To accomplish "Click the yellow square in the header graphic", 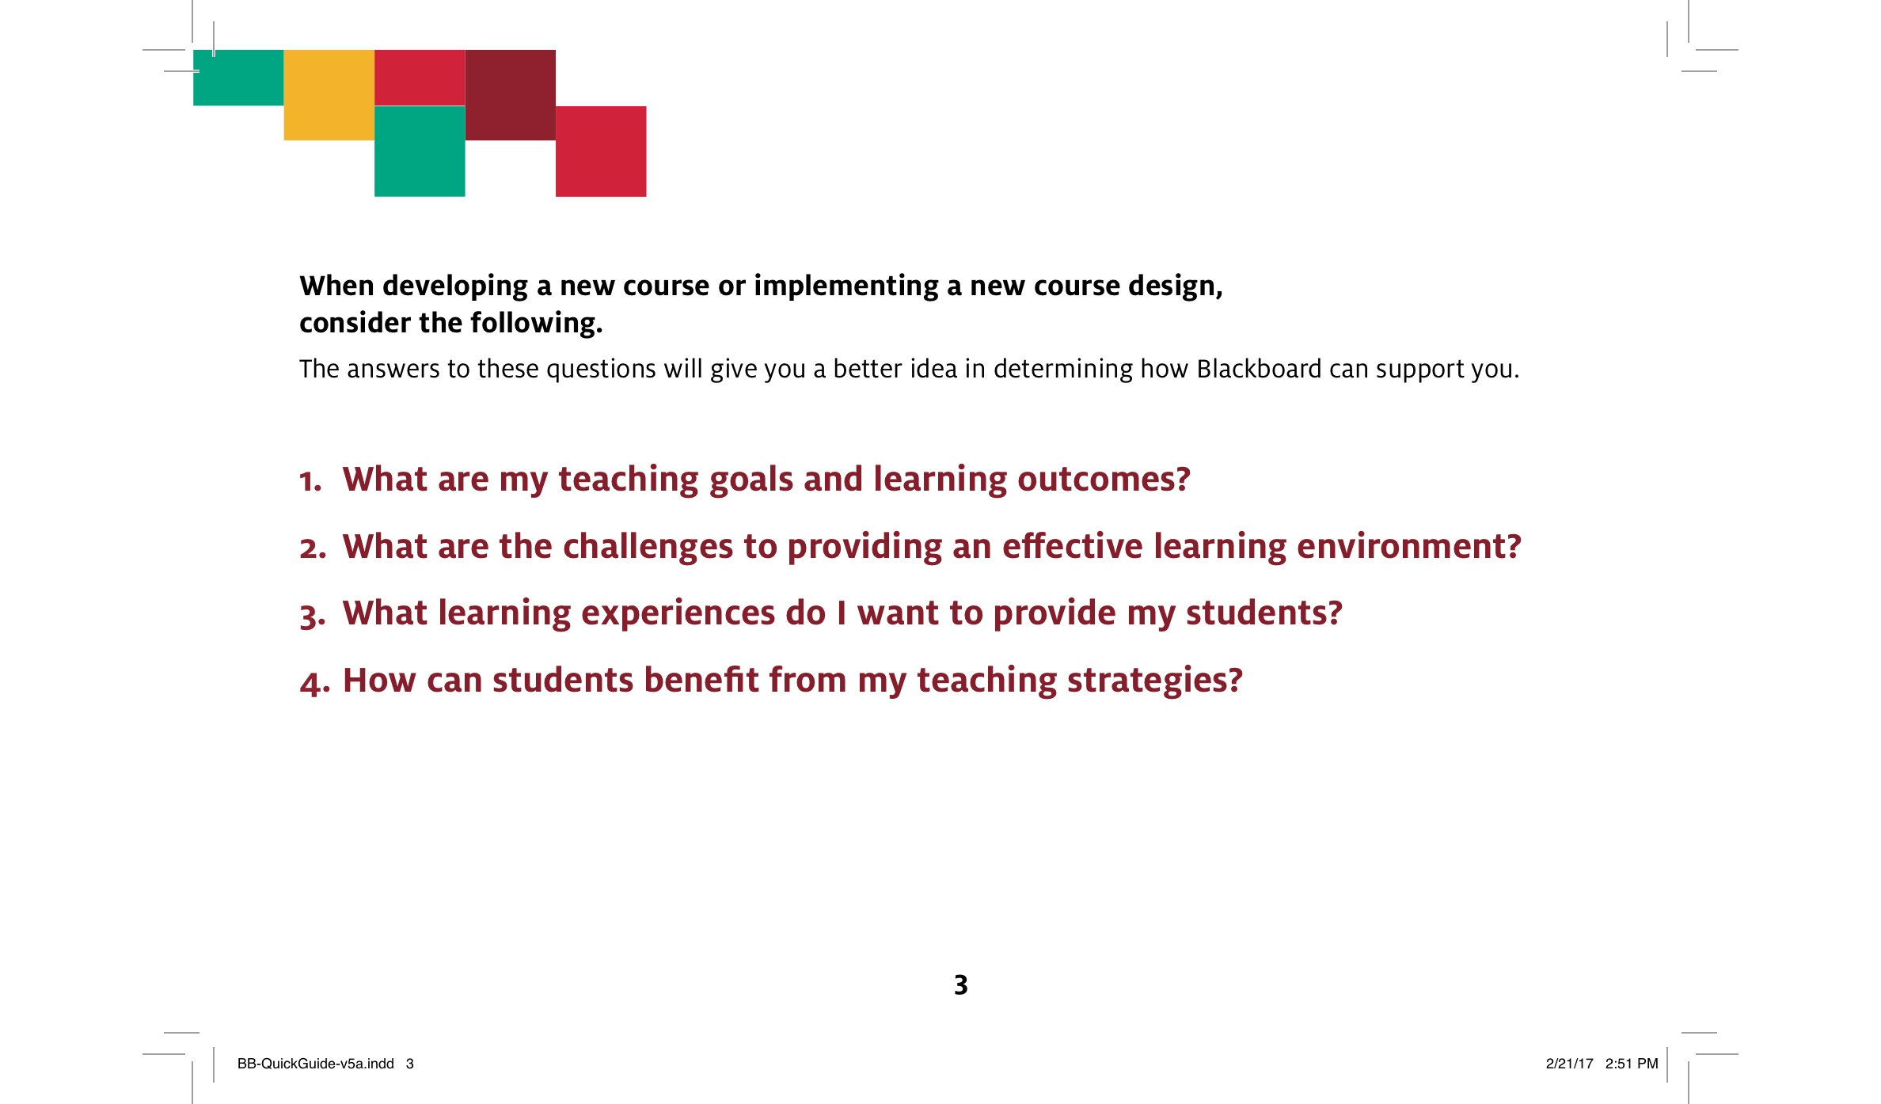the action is pos(329,95).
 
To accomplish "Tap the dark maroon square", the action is pos(510,95).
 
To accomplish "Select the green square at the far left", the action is pos(238,78).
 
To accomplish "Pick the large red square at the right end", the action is pos(601,151).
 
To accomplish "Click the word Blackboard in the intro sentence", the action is pos(1259,369).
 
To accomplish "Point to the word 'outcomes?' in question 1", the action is pos(1104,479).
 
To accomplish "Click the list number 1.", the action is pos(310,480).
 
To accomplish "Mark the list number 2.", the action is pos(313,548).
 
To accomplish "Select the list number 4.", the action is pos(314,682).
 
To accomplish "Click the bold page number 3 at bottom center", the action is pos(961,984).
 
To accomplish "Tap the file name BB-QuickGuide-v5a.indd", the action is pos(316,1064).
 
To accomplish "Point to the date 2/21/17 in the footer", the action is pos(1569,1064).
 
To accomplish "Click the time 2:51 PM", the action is pos(1632,1064).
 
